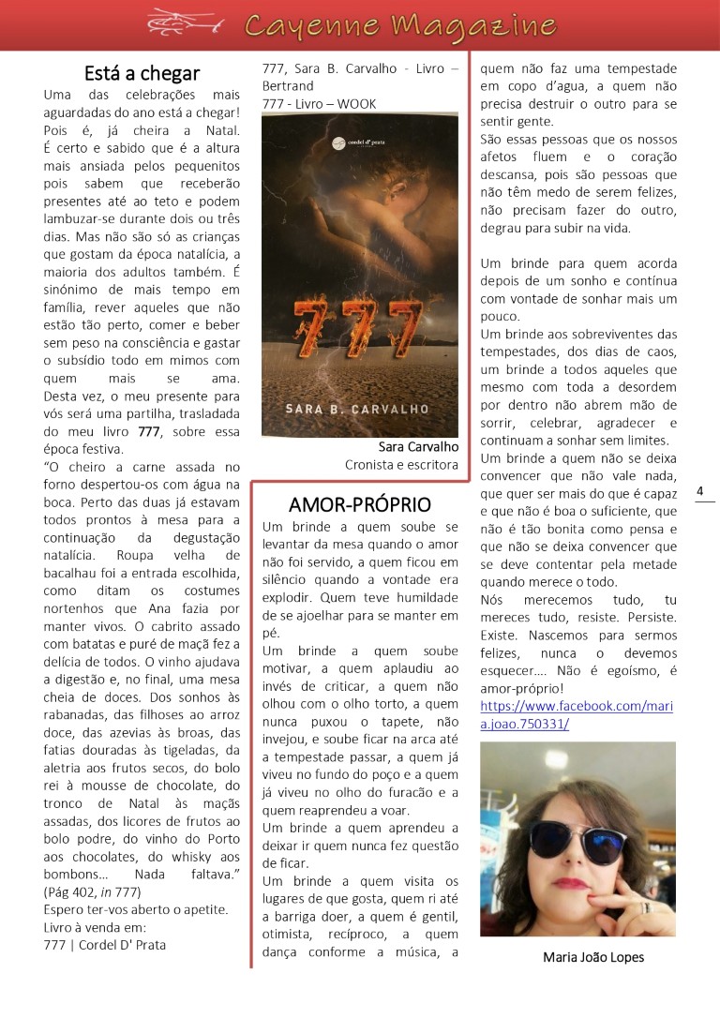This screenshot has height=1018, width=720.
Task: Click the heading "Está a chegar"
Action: (142, 72)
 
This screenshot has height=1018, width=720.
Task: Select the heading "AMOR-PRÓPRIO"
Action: (359, 503)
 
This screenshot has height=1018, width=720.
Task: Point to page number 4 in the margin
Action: (701, 491)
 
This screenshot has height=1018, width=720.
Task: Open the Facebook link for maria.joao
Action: (576, 714)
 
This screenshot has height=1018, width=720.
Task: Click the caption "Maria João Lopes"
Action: (593, 957)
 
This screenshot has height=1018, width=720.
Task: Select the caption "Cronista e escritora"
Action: (401, 464)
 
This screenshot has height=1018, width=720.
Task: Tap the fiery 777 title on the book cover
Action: (359, 322)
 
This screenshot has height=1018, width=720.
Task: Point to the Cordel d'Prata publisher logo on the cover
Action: (359, 143)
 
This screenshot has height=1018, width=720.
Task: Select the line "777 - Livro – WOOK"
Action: (320, 103)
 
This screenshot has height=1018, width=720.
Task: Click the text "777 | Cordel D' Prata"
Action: (104, 945)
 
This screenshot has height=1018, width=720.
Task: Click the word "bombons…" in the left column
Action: (78, 873)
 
